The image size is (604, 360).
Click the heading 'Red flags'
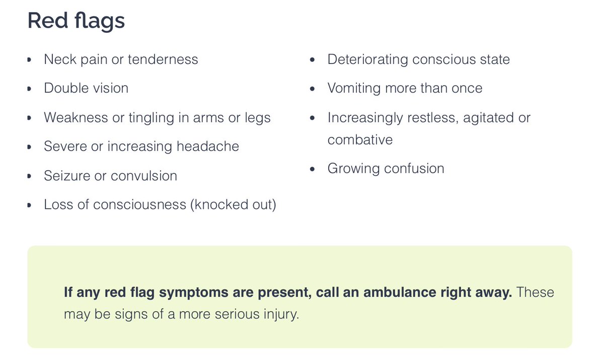[x=76, y=21]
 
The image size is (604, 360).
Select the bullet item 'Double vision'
[x=86, y=88]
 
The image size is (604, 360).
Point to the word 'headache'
[x=208, y=147]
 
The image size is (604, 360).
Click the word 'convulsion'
[x=144, y=176]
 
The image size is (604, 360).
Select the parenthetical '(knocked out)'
[x=233, y=205]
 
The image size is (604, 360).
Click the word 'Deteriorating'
[x=367, y=59]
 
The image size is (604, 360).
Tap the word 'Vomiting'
[x=354, y=88]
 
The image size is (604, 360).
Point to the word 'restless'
[x=426, y=118]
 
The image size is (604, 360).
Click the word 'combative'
[x=360, y=139]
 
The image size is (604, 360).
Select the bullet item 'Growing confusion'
[x=386, y=168]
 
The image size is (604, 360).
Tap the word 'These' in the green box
[x=535, y=293]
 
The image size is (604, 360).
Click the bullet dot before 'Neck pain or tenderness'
[x=30, y=60]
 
